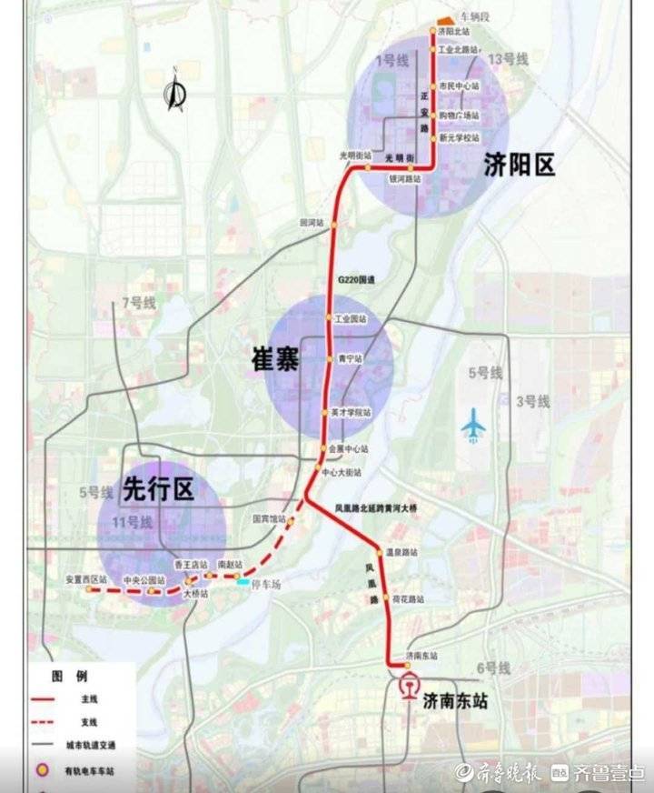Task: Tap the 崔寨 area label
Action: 275,360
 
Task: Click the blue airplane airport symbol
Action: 473,425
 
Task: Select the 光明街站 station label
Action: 355,156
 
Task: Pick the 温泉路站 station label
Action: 401,551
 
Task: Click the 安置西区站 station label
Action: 86,578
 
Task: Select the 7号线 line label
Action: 139,302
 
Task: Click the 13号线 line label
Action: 509,60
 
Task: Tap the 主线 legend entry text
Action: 89,698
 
